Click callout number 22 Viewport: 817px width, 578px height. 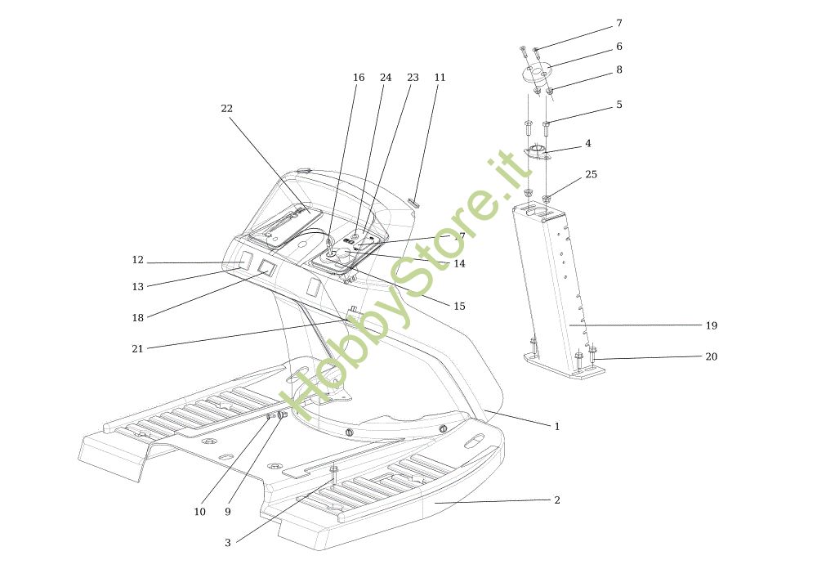point(226,109)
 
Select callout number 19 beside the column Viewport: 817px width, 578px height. point(711,325)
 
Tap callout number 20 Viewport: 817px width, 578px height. point(711,356)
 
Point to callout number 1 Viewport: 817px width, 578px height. point(557,426)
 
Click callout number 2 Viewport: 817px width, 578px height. point(557,500)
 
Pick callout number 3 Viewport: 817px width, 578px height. point(228,542)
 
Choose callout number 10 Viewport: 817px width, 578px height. point(199,512)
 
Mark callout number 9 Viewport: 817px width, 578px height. point(228,512)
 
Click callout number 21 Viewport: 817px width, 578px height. point(137,348)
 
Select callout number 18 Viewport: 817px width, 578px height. point(137,317)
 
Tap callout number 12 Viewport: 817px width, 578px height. point(137,260)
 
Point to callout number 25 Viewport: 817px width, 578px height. point(591,174)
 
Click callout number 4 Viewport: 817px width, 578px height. point(587,143)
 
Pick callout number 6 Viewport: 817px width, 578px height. point(618,47)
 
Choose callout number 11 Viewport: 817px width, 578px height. point(440,78)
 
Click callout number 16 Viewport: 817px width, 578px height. point(359,78)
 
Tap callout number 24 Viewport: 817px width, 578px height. point(386,78)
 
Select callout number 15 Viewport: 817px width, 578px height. point(459,306)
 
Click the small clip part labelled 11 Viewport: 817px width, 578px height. point(413,202)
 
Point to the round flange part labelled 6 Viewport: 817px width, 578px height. point(537,73)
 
